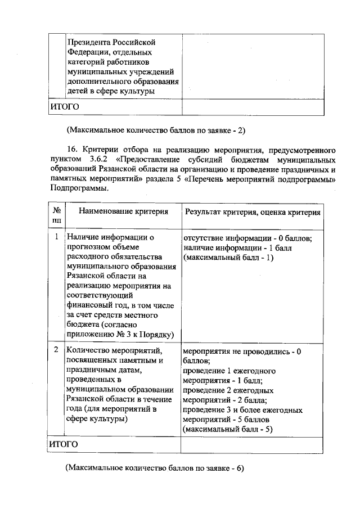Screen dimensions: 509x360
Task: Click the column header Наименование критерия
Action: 123,212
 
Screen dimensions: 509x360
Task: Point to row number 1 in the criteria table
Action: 56,237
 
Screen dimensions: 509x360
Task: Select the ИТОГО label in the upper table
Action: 64,106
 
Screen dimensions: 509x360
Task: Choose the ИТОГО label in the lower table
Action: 64,444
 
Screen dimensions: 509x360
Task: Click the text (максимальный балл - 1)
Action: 228,258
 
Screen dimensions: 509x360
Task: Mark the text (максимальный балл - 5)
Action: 228,430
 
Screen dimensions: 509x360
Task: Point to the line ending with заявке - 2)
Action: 156,130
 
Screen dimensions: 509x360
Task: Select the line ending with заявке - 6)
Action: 155,468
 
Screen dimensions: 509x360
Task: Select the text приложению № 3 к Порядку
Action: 119,335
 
